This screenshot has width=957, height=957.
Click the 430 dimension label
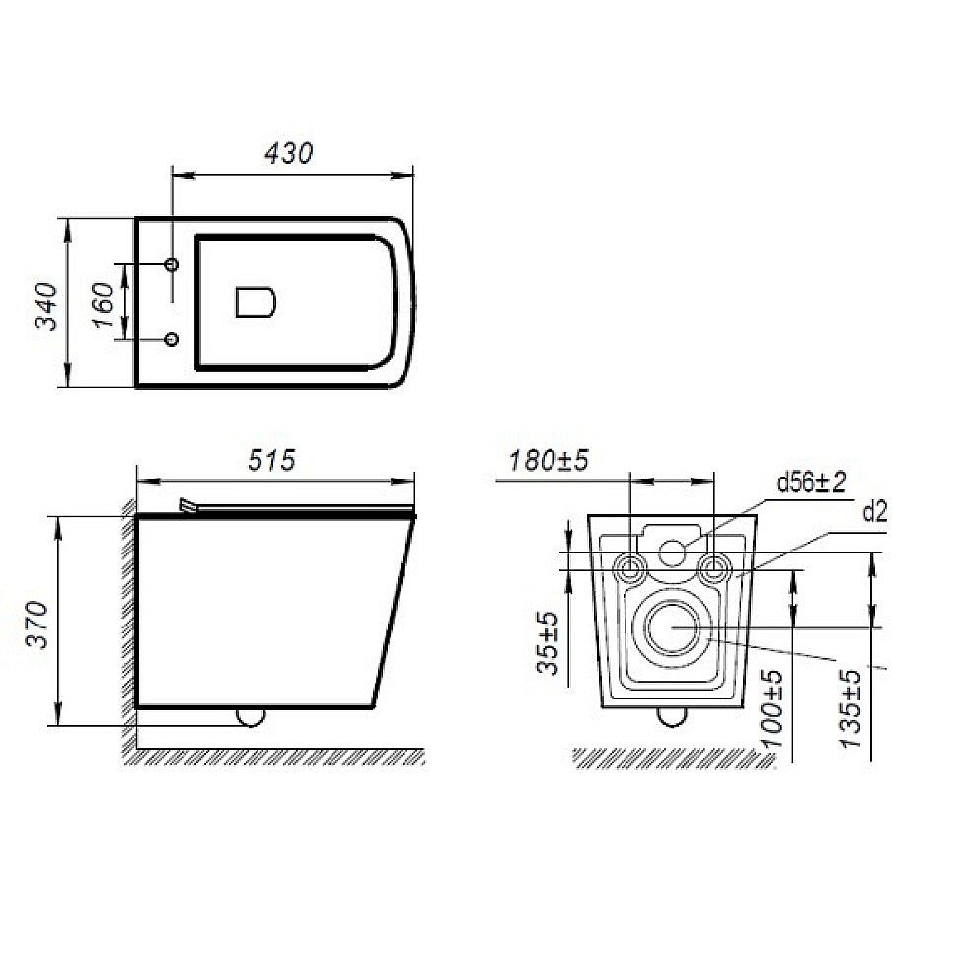click(289, 153)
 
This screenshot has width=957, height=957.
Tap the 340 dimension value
click(45, 306)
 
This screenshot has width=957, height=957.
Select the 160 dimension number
click(104, 305)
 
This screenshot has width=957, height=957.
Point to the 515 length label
click(271, 460)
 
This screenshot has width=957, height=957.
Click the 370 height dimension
click(37, 625)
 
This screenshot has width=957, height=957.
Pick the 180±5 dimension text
click(549, 460)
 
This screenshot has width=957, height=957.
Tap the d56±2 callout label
click(811, 482)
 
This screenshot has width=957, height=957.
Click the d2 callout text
click(874, 513)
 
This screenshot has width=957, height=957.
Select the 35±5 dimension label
click(548, 642)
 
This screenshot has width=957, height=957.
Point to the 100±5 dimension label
click(773, 708)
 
